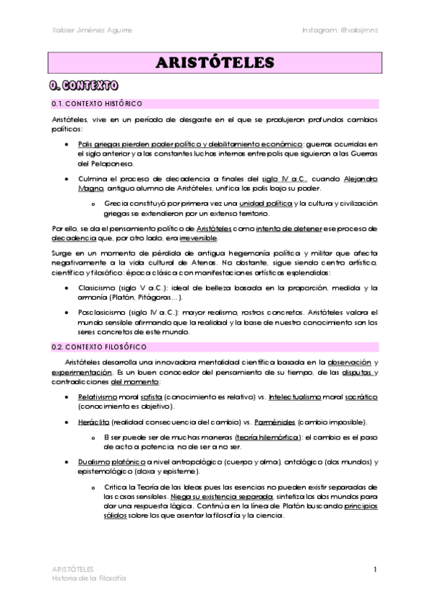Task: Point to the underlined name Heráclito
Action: click(94, 422)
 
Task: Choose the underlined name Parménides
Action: click(271, 422)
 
